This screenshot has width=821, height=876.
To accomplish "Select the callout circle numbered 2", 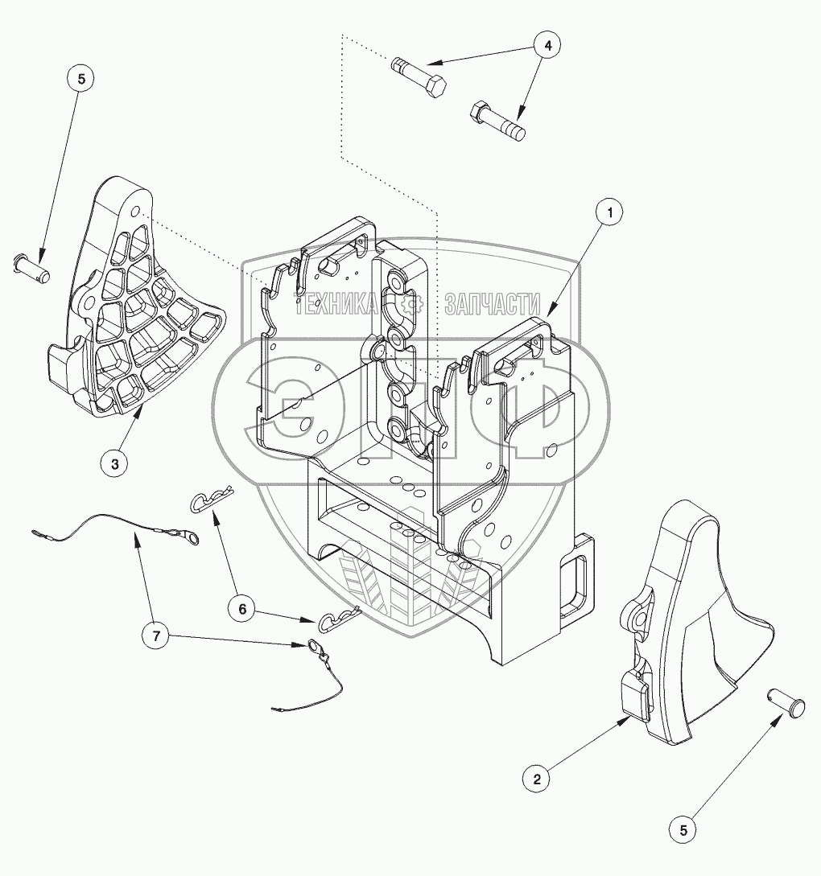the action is [537, 778].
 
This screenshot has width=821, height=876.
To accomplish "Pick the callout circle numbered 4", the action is [547, 46].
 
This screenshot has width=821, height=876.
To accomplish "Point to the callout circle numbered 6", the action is [241, 608].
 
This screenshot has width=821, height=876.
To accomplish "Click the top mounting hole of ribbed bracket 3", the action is [136, 212].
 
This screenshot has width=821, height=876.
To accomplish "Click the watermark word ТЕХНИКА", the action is [337, 305].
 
